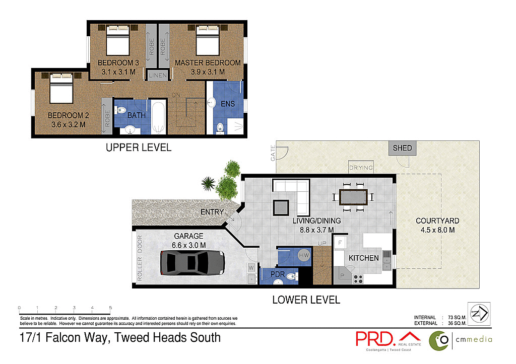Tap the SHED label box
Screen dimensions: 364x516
(x=402, y=148)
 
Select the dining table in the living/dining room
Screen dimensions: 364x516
(x=353, y=197)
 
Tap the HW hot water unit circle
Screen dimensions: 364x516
(x=304, y=255)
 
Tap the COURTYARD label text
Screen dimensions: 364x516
(x=437, y=221)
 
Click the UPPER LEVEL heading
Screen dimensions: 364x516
(x=138, y=148)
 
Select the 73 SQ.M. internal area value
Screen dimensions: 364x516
(x=457, y=317)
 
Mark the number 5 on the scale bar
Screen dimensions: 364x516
(x=110, y=308)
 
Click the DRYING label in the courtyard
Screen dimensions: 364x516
(x=361, y=168)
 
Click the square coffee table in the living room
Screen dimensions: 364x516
(x=281, y=208)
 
